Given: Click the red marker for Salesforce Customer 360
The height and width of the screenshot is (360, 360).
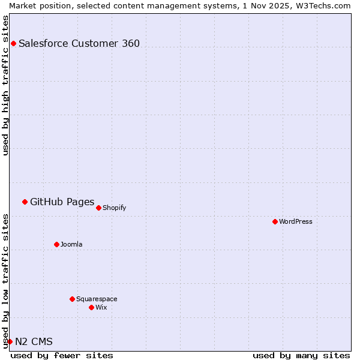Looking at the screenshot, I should click(13, 43).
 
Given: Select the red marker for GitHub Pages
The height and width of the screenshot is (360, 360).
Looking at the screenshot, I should click(25, 202).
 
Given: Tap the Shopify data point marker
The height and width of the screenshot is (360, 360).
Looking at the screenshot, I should click(98, 208).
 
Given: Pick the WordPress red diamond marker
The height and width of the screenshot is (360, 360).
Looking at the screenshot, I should click(275, 221).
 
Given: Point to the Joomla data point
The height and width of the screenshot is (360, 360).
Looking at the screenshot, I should click(56, 244).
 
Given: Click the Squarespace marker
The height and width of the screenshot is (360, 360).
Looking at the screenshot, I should click(72, 299).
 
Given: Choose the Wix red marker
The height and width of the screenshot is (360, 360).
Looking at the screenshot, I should click(91, 307).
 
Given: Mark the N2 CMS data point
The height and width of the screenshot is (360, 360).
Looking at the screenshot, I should click(10, 341).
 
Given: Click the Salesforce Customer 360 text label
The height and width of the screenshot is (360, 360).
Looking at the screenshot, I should click(79, 43).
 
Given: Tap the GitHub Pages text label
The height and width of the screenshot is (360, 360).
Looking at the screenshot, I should click(62, 202).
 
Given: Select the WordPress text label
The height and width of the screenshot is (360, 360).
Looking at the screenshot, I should click(296, 221).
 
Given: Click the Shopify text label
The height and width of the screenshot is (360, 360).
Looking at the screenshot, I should click(114, 208).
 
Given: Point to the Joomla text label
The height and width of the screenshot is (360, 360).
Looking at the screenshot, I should click(71, 244).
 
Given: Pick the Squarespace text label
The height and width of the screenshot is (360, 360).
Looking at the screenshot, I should click(97, 299).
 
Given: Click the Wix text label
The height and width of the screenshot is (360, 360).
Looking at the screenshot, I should click(101, 307).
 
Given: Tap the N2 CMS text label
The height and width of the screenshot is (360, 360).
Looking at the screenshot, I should click(34, 342).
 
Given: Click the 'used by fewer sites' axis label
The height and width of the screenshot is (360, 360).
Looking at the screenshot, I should click(62, 355).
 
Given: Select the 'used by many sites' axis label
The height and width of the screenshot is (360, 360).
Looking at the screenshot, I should click(301, 355).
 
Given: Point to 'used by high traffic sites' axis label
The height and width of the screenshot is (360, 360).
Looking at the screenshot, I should click(5, 85).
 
